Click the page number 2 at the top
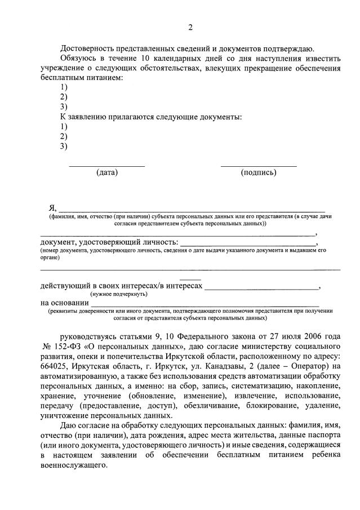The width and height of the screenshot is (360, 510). (190, 28)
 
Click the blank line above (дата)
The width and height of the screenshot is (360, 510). (106, 166)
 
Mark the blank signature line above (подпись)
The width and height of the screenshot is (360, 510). (259, 166)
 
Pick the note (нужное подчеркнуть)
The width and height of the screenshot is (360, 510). (119, 294)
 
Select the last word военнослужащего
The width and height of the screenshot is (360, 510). (73, 466)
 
